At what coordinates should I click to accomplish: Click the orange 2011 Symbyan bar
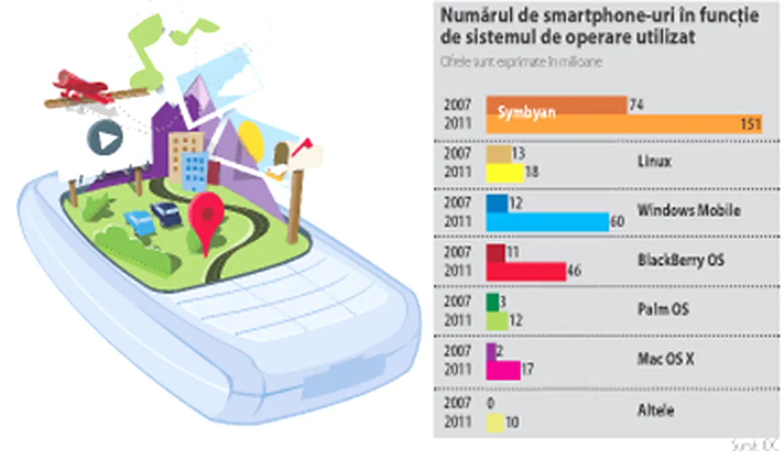pyautogui.click(x=624, y=125)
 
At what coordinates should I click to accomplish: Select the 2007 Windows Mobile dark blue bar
pyautogui.click(x=496, y=204)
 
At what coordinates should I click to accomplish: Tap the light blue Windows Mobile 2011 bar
pyautogui.click(x=547, y=222)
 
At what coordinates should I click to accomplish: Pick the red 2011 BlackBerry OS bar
pyautogui.click(x=525, y=271)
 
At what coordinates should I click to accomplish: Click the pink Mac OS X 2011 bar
pyautogui.click(x=503, y=370)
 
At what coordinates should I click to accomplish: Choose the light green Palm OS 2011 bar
pyautogui.click(x=496, y=321)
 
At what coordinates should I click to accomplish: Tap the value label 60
pyautogui.click(x=617, y=222)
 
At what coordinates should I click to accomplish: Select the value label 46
pyautogui.click(x=573, y=271)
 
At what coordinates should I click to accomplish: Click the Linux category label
pyautogui.click(x=654, y=161)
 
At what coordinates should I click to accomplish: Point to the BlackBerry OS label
pyautogui.click(x=681, y=260)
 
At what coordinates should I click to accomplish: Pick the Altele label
pyautogui.click(x=655, y=411)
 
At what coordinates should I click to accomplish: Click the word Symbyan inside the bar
pyautogui.click(x=527, y=112)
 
